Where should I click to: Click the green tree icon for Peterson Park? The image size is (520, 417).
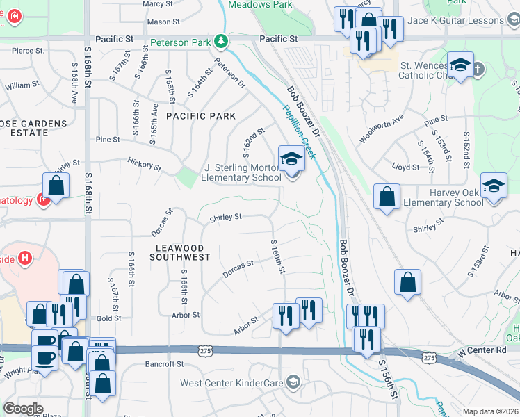pyautogui.click(x=221, y=42)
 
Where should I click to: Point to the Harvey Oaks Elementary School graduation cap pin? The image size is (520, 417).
pyautogui.click(x=494, y=186)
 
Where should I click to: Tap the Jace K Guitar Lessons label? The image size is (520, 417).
pyautogui.click(x=466, y=20)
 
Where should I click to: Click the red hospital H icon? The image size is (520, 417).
pyautogui.click(x=26, y=259)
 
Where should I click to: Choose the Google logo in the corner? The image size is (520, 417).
pyautogui.click(x=23, y=409)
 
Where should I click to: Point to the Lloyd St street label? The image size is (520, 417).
pyautogui.click(x=405, y=167)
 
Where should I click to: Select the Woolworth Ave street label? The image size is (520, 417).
pyautogui.click(x=381, y=129)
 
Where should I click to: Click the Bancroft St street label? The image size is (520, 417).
pyautogui.click(x=164, y=363)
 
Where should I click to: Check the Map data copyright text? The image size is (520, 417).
pyautogui.click(x=489, y=411)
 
